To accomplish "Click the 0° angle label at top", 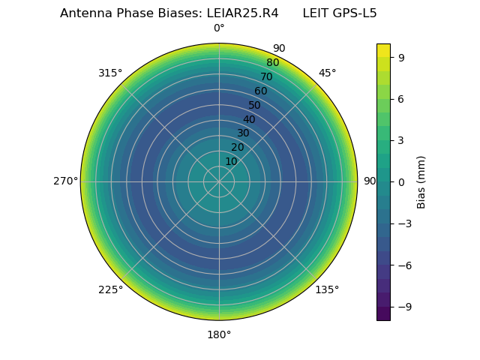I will pyautogui.click(x=219, y=28).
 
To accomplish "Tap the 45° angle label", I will pyautogui.click(x=328, y=73).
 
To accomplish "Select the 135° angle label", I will pyautogui.click(x=327, y=289).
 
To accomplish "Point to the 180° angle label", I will pyautogui.click(x=219, y=334).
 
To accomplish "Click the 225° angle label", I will pyautogui.click(x=110, y=289).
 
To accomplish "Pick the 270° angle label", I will pyautogui.click(x=65, y=181).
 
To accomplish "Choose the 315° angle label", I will pyautogui.click(x=110, y=73).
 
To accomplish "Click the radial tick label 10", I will pyautogui.click(x=231, y=161).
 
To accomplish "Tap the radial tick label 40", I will pyautogui.click(x=249, y=119).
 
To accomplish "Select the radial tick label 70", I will pyautogui.click(x=266, y=76).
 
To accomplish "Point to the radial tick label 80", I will pyautogui.click(x=272, y=63).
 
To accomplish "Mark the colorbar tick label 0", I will pyautogui.click(x=401, y=181).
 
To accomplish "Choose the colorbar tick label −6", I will pyautogui.click(x=403, y=265).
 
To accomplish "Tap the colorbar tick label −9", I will pyautogui.click(x=403, y=307).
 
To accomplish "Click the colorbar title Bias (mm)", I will pyautogui.click(x=421, y=181).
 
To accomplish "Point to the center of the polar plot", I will pyautogui.click(x=219, y=181).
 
